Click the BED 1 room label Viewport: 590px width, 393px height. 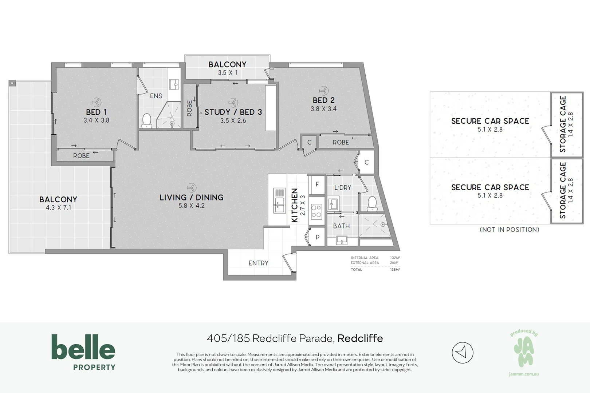tap(96, 112)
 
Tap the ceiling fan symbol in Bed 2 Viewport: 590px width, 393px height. tap(323, 90)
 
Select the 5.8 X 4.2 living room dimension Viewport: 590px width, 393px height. tap(191, 206)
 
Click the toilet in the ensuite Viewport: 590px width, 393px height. tap(146, 121)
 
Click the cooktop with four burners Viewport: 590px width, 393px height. tap(316, 211)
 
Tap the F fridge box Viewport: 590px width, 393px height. tap(317, 184)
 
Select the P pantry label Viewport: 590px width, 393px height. tap(317, 237)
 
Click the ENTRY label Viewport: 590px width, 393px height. tap(258, 263)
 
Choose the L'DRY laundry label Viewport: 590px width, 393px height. tap(342, 188)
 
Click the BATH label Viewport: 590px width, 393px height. tap(341, 226)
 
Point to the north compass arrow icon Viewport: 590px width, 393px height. tap(462, 352)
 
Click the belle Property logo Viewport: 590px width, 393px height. tap(83, 352)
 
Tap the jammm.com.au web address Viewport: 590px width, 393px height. tap(523, 374)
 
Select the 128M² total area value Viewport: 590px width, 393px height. tap(395, 270)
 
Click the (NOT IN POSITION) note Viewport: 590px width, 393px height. tap(509, 230)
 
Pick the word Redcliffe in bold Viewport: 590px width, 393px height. tap(360, 338)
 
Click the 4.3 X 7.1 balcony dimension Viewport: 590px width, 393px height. tap(58, 208)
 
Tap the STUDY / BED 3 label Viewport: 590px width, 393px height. tap(233, 112)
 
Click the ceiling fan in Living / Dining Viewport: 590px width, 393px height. tap(191, 188)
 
